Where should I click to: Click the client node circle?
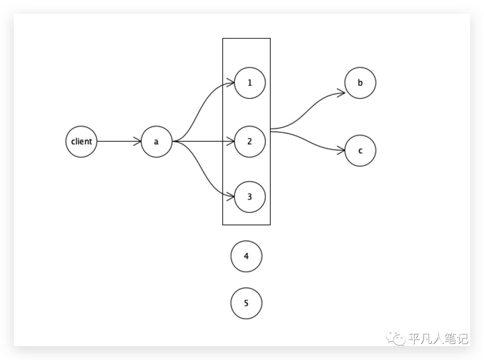coord(82,142)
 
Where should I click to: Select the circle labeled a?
coord(156,142)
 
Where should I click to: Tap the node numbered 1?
coord(250,83)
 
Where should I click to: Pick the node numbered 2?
coord(250,142)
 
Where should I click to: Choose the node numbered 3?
coord(250,196)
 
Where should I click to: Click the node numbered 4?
coord(246,256)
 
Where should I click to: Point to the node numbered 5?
coord(246,304)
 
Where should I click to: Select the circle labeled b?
coord(360,83)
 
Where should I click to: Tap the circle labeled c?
coord(360,151)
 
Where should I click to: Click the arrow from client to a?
coord(119,142)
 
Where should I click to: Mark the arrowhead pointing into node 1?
coord(231,82)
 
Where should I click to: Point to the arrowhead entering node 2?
coord(231,142)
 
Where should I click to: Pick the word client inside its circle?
coord(82,142)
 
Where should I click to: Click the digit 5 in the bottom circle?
coord(246,304)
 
